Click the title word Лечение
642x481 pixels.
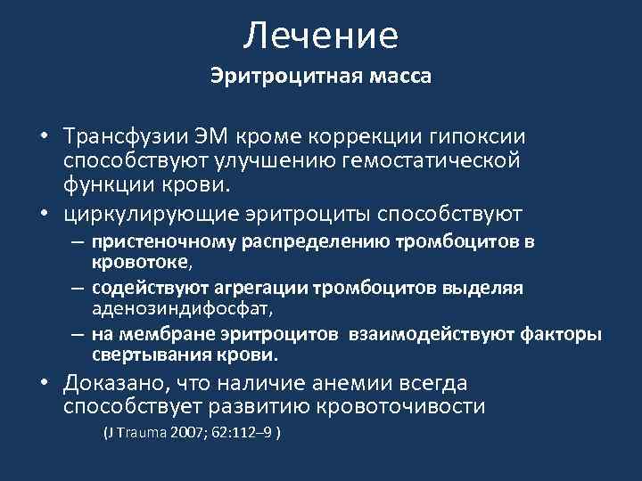[321, 36]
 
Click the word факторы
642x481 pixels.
[563, 334]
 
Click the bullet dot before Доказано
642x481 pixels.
[43, 384]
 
